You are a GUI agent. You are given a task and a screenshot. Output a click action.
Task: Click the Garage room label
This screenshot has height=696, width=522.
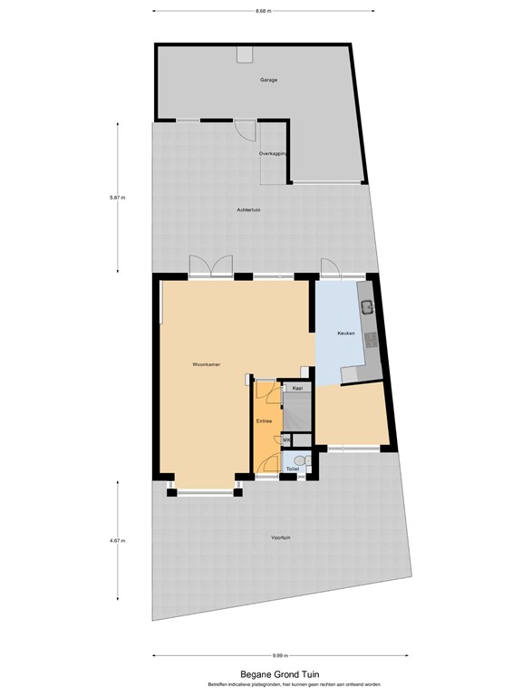tap(268, 80)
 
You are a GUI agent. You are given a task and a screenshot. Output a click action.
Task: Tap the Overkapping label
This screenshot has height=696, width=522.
tap(273, 154)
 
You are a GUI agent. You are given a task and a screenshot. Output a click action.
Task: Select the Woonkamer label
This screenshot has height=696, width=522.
tap(207, 364)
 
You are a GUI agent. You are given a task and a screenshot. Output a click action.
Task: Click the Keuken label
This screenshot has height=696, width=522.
tap(345, 333)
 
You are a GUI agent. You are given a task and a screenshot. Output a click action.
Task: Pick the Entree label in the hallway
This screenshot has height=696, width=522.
tap(264, 420)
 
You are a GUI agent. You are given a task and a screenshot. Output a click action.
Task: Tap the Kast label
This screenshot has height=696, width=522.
tap(296, 388)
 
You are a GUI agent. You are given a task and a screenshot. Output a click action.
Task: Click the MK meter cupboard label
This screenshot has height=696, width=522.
tap(286, 440)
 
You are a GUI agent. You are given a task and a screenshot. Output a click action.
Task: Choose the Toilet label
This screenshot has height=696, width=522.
tap(292, 469)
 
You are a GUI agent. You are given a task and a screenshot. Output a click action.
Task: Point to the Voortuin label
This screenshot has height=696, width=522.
tap(280, 538)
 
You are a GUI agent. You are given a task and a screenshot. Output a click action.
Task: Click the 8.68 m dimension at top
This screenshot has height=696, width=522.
tap(264, 11)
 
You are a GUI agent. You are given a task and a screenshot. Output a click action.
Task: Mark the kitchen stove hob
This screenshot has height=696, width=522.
tap(370, 341)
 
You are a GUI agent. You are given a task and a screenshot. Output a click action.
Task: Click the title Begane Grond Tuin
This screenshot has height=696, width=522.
tap(280, 673)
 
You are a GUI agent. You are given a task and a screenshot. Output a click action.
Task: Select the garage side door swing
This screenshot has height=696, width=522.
tap(244, 130)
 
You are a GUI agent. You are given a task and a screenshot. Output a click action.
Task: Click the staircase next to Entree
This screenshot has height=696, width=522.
tap(297, 412)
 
